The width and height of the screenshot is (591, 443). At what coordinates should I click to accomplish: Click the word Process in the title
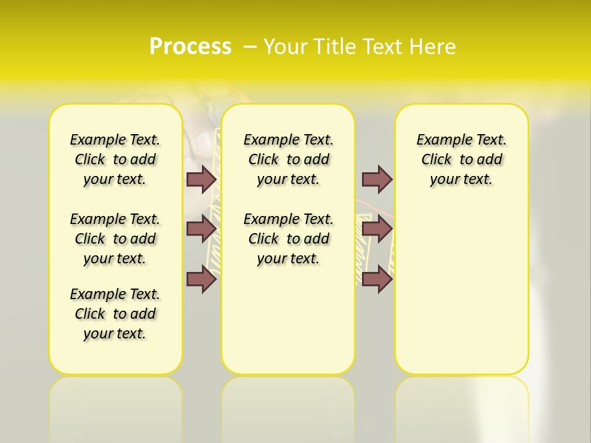190,47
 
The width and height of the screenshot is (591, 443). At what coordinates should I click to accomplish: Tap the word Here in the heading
433,47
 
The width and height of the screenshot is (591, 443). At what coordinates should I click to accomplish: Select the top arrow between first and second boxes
201,179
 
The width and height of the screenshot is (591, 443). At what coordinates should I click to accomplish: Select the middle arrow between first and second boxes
201,229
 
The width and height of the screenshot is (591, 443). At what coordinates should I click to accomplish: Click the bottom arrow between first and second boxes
201,279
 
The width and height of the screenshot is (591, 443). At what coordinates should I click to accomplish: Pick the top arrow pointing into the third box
377,179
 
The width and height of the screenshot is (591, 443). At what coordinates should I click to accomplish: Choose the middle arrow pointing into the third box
377,229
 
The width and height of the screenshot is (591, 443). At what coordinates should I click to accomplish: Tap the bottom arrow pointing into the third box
377,279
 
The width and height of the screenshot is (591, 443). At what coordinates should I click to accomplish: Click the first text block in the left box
115,159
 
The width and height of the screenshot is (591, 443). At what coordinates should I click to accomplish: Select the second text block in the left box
115,239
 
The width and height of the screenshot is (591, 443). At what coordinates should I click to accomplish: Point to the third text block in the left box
115,314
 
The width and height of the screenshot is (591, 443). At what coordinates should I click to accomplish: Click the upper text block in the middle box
288,159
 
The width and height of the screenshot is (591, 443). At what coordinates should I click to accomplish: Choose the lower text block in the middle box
288,239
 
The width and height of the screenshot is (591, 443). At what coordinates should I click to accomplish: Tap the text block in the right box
462,159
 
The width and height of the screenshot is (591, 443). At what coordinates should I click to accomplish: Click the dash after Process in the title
250,47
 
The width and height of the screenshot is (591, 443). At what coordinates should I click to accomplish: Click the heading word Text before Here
383,47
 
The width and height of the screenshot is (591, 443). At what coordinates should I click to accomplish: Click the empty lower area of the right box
462,295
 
